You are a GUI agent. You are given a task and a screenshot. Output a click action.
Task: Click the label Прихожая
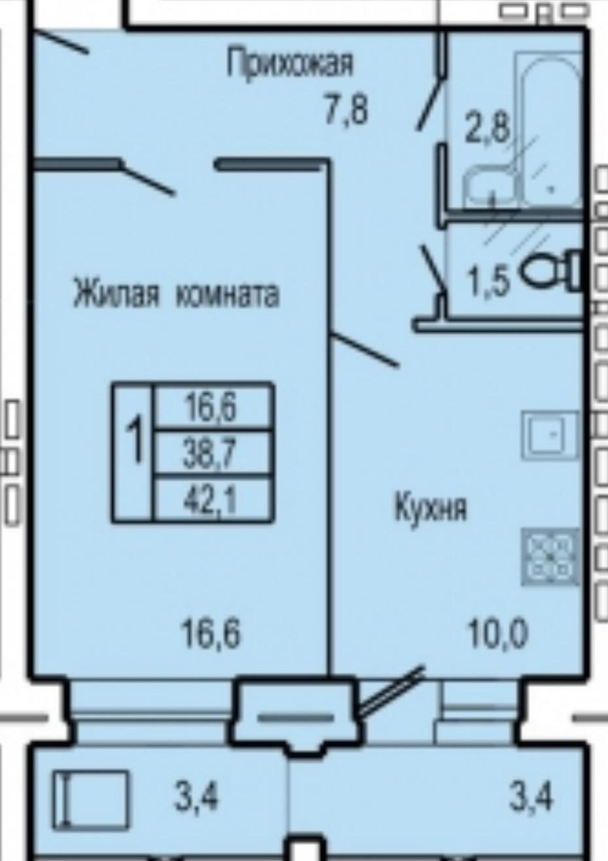pyautogui.click(x=290, y=65)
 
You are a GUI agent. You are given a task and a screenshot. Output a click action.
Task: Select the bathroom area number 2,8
pyautogui.click(x=486, y=128)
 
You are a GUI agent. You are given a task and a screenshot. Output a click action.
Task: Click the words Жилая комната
pyautogui.click(x=175, y=294)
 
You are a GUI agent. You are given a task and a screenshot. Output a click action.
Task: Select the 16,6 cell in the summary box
pyautogui.click(x=211, y=407)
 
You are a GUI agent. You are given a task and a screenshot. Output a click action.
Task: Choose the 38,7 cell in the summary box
pyautogui.click(x=211, y=454)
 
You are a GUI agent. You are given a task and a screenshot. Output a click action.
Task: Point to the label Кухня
pyautogui.click(x=431, y=508)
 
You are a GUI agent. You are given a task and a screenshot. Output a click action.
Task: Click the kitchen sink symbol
pyautogui.click(x=550, y=435)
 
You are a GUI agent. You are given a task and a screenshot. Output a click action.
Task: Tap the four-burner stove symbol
pyautogui.click(x=550, y=557)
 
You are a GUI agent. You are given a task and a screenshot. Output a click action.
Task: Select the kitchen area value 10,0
pyautogui.click(x=497, y=633)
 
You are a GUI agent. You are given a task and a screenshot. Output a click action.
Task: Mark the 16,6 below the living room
pyautogui.click(x=211, y=633)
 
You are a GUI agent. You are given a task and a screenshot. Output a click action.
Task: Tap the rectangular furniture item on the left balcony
pyautogui.click(x=91, y=799)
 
